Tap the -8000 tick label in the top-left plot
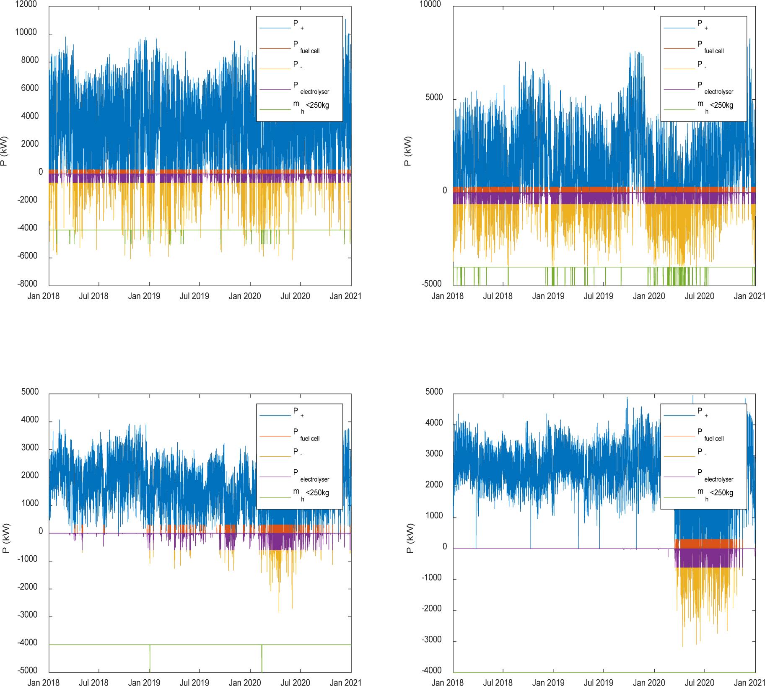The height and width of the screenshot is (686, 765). coord(27,284)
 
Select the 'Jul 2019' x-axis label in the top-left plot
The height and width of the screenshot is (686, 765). coord(194,296)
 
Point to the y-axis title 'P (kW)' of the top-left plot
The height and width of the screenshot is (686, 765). coord(5,150)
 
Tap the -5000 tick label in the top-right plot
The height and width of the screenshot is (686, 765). coord(432,284)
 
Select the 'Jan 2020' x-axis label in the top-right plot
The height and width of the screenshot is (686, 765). coord(649,296)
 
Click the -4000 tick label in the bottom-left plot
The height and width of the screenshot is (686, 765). coord(28,642)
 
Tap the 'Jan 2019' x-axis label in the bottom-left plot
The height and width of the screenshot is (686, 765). coord(144,683)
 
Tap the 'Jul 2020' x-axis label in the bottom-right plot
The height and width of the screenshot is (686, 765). coord(700,683)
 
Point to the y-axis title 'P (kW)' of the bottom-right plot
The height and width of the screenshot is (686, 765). coord(410,538)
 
